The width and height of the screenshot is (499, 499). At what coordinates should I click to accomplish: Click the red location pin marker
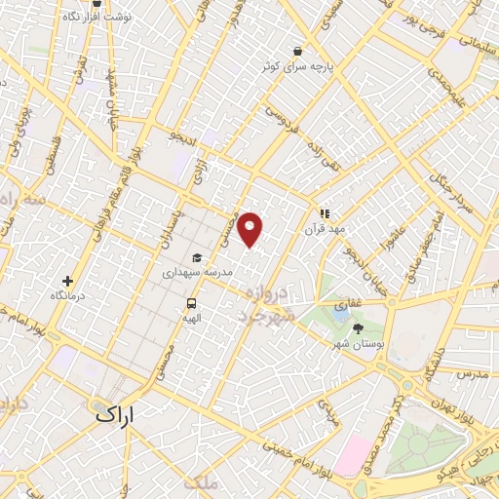coord(250,229)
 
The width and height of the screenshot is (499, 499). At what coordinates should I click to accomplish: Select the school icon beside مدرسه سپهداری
coord(198,257)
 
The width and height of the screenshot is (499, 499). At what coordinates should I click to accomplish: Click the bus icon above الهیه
coord(192,302)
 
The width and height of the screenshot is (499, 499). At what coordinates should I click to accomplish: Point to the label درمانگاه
coord(67,294)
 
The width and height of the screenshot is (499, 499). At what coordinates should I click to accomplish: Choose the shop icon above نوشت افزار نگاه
coord(96,3)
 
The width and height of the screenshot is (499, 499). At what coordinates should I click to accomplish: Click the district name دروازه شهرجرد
coord(262,305)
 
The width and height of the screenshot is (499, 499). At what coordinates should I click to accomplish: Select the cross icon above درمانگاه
coord(67,281)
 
